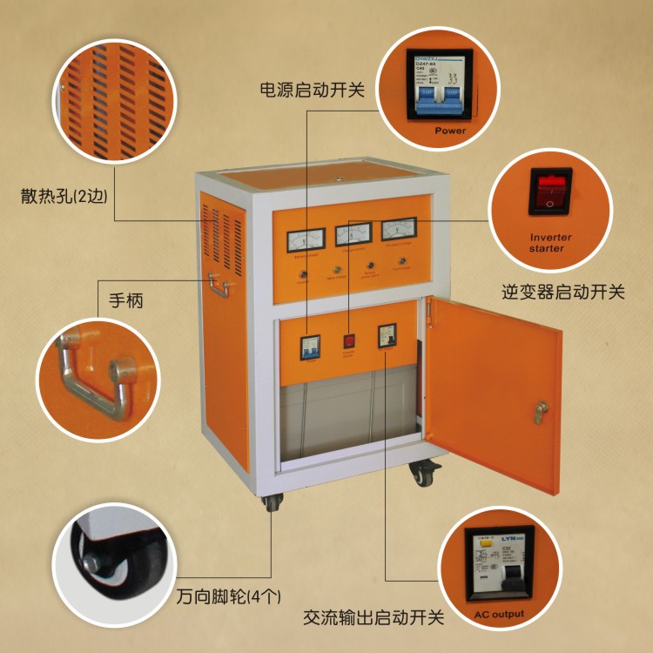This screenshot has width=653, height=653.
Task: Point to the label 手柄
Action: (125, 301)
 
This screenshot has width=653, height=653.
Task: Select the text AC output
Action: (499, 615)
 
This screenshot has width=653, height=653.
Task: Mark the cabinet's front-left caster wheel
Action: (273, 502)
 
